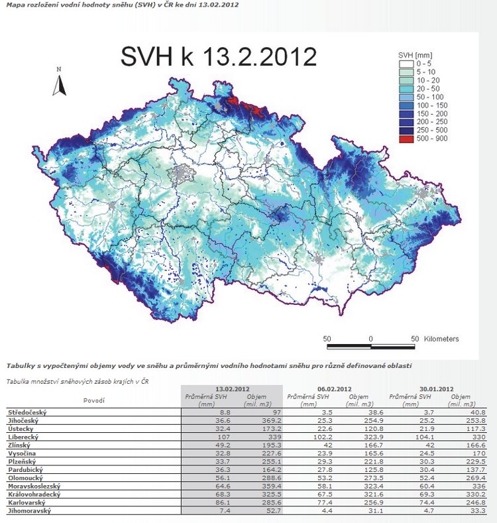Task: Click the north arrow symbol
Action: pyautogui.click(x=59, y=84)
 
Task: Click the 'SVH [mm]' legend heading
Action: pyautogui.click(x=416, y=54)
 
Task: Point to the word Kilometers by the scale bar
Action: pyautogui.click(x=440, y=339)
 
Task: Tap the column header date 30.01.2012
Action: pyautogui.click(x=435, y=388)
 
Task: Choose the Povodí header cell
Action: pyautogui.click(x=93, y=400)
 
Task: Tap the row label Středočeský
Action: pyautogui.click(x=26, y=412)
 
